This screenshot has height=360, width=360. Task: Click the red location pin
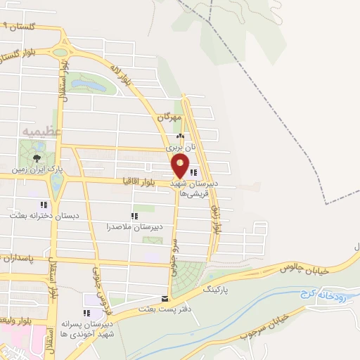[181, 165]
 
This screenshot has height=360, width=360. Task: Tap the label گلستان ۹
[19, 27]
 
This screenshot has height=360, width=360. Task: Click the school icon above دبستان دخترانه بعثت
[44, 205]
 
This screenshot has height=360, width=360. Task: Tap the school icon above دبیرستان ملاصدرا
[134, 216]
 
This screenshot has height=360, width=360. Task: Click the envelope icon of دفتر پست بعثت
[165, 298]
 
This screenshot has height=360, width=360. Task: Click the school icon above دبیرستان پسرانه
[87, 314]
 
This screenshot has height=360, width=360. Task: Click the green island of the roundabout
[60, 52]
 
